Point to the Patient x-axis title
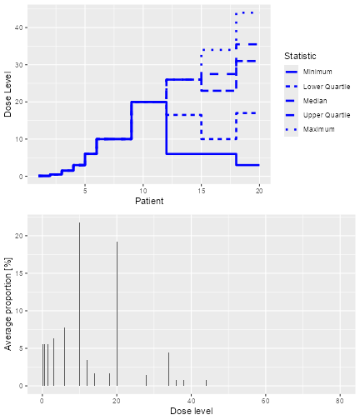(x=149, y=200)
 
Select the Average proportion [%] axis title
(x=8, y=303)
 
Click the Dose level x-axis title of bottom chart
(x=191, y=411)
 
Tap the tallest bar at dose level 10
(x=80, y=304)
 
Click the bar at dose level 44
(x=206, y=382)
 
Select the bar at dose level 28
(x=147, y=380)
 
